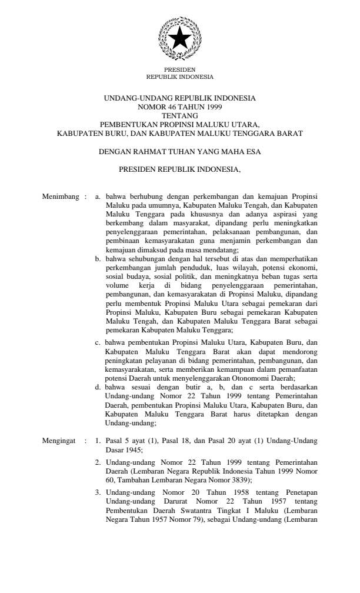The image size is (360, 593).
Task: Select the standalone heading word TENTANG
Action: [180, 116]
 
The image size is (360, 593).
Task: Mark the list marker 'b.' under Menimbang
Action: [98, 258]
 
